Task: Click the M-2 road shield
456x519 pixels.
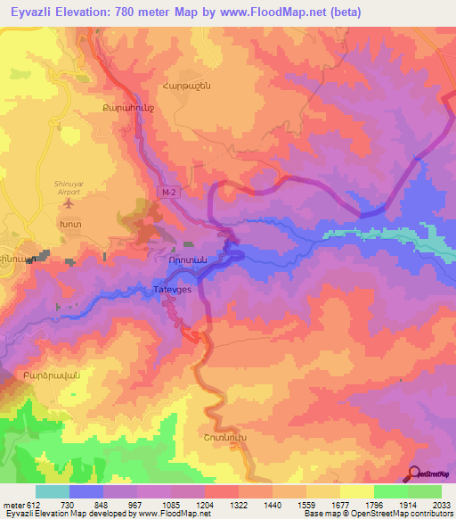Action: point(169,192)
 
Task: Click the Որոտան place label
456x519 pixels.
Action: point(187,260)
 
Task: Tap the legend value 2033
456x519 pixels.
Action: point(441,506)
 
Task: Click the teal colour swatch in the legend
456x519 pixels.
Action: point(53,491)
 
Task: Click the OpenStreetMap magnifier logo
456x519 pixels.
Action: point(411,473)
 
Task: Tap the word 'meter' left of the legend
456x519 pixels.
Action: point(12,506)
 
